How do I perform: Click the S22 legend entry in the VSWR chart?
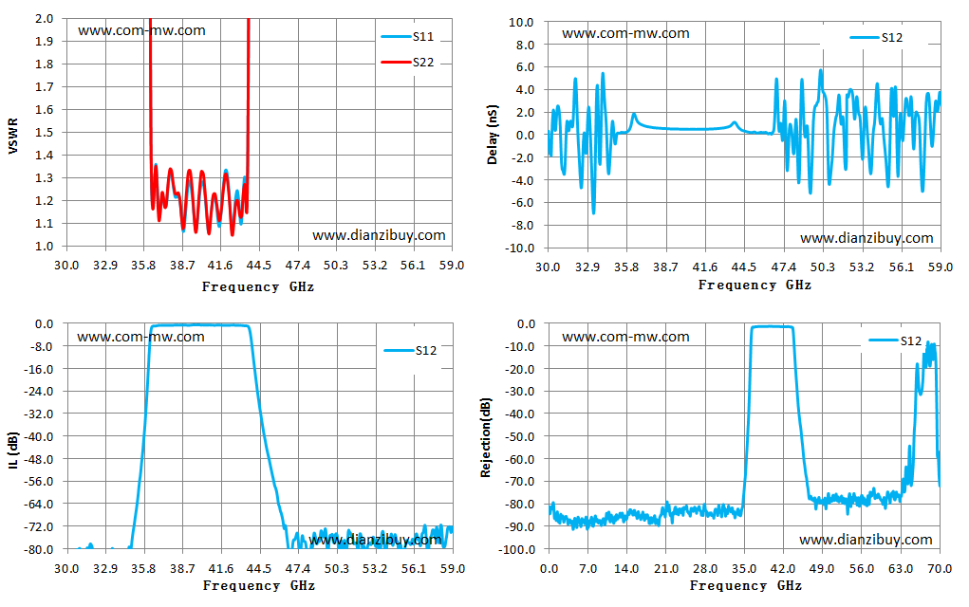pos(407,63)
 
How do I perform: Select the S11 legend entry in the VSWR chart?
pos(407,36)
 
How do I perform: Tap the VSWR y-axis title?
pos(13,136)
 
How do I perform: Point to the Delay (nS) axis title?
pos(493,135)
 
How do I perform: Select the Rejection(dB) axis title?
pos(486,437)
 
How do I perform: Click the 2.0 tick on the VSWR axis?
pos(44,19)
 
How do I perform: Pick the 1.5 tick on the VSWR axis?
pos(44,132)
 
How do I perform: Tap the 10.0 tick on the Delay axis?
pos(521,22)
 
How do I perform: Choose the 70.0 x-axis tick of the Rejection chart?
pos(940,569)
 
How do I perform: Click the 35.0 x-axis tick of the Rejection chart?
pos(744,569)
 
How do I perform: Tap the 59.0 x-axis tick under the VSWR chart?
pos(452,266)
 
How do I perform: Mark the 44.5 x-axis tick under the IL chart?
pos(259,569)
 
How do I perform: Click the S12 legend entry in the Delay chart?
pos(876,38)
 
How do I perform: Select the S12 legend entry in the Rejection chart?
pos(895,340)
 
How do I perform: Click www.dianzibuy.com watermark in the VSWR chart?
pos(379,235)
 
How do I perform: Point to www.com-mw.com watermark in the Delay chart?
pos(625,33)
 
